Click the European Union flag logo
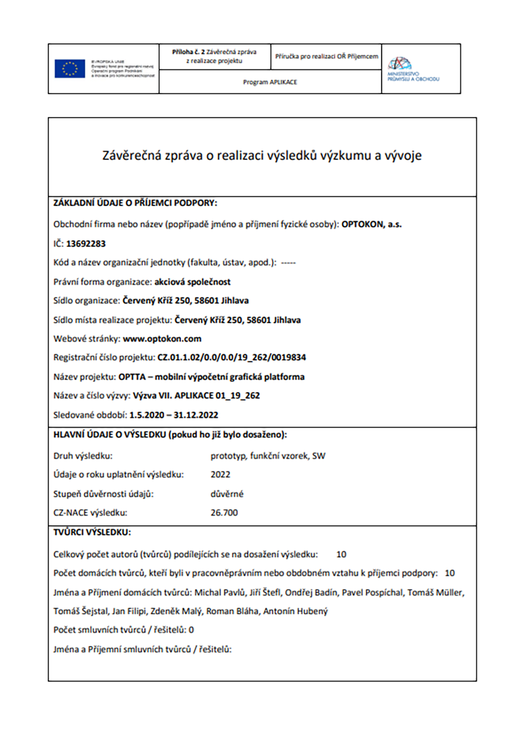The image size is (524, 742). (x=70, y=69)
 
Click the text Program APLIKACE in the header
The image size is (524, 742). (x=270, y=82)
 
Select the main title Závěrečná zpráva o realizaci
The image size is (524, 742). (x=262, y=155)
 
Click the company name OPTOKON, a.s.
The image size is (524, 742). (x=372, y=224)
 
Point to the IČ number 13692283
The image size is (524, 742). (x=86, y=244)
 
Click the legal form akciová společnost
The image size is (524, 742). (x=192, y=282)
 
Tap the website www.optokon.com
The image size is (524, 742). (x=162, y=339)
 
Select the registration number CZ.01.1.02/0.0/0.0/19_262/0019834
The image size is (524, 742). (x=232, y=358)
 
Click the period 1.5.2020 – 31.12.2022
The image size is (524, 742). (x=173, y=415)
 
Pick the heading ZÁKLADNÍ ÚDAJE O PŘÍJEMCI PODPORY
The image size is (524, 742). (x=135, y=203)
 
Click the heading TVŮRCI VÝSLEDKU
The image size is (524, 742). (x=92, y=532)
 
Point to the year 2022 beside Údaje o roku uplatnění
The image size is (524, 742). (x=220, y=475)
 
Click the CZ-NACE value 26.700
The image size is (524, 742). (x=224, y=513)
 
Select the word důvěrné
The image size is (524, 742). (x=227, y=494)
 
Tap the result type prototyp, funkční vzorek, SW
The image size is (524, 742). (x=268, y=456)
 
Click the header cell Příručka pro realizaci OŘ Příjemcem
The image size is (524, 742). (x=326, y=57)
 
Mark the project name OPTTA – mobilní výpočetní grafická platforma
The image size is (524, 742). (x=211, y=377)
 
